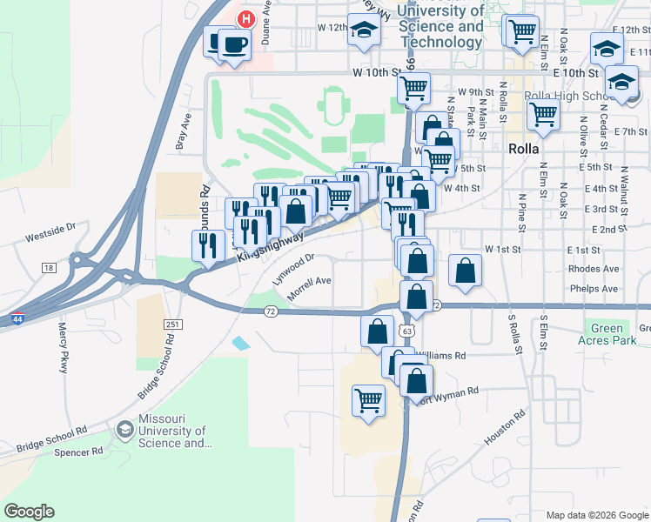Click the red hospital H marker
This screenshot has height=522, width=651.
[x=246, y=18]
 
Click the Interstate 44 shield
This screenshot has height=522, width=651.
[x=17, y=318]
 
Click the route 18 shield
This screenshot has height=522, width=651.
[x=48, y=268]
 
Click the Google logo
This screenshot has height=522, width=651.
[x=29, y=512]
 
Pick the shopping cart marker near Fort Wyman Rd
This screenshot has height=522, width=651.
[x=369, y=401]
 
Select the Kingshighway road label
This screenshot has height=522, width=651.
[x=270, y=247]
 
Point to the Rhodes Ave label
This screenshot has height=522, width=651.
[x=593, y=269]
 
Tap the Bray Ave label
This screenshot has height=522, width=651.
[x=184, y=130]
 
